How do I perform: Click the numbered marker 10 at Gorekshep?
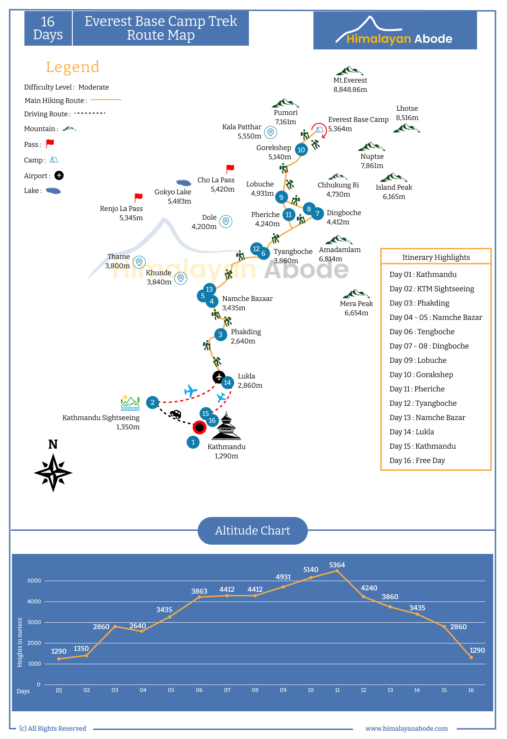(x=301, y=150)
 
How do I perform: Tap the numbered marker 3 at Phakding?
(x=220, y=335)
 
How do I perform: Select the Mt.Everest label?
(x=350, y=80)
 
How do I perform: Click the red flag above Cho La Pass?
(x=230, y=169)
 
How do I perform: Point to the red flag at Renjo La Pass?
(x=138, y=197)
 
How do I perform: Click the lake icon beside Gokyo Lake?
(x=183, y=182)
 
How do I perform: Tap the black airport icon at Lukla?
(x=219, y=377)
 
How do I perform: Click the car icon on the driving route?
(x=176, y=414)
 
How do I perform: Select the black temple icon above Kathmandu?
(x=226, y=426)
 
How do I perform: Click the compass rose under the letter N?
(x=53, y=473)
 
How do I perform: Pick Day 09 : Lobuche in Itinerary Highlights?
(x=418, y=360)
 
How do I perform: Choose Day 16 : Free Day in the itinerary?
(x=417, y=461)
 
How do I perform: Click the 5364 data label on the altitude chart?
(x=337, y=565)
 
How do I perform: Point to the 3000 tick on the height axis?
(x=34, y=622)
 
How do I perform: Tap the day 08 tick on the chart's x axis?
(x=255, y=690)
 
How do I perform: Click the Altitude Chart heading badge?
(x=253, y=530)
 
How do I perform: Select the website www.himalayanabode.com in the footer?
(x=407, y=728)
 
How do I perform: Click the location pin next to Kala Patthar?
(x=271, y=132)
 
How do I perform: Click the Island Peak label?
(x=394, y=187)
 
